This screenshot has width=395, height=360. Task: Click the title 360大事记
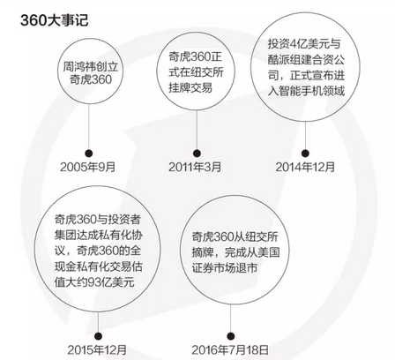pyautogui.click(x=55, y=20)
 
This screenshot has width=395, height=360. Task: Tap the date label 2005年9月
pyautogui.click(x=87, y=167)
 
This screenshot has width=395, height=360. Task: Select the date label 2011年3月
pyautogui.click(x=195, y=167)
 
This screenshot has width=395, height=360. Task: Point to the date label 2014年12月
pyautogui.click(x=305, y=167)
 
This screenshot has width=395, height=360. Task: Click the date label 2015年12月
pyautogui.click(x=97, y=350)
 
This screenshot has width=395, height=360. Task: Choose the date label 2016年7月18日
pyautogui.click(x=230, y=350)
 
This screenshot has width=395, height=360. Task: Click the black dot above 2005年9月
pyautogui.click(x=89, y=154)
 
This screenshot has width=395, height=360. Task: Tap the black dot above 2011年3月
pyautogui.click(x=197, y=154)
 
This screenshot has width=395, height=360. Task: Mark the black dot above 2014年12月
pyautogui.click(x=305, y=154)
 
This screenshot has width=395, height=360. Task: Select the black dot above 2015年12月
pyautogui.click(x=99, y=336)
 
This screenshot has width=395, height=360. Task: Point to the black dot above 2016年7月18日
pyautogui.click(x=231, y=336)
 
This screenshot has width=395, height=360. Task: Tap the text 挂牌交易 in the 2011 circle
pyautogui.click(x=190, y=87)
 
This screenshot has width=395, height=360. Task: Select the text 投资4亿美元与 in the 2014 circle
pyautogui.click(x=304, y=43)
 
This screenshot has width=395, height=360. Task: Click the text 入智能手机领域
pyautogui.click(x=306, y=91)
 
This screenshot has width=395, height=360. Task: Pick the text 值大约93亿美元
pyautogui.click(x=94, y=282)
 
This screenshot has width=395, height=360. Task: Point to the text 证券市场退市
pyautogui.click(x=225, y=268)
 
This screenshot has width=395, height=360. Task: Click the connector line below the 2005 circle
pyautogui.click(x=89, y=127)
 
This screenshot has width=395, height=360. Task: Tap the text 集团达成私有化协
pyautogui.click(x=99, y=235)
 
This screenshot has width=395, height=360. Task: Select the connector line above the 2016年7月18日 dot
pyautogui.click(x=231, y=319)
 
